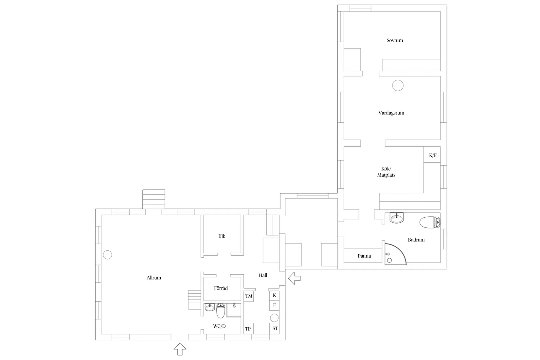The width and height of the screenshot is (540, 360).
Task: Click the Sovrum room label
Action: pyautogui.click(x=395, y=41)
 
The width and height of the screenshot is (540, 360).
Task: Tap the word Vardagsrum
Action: pyautogui.click(x=391, y=113)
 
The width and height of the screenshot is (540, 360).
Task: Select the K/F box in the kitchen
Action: pyautogui.click(x=432, y=155)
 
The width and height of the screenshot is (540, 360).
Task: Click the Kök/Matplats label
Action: pyautogui.click(x=386, y=172)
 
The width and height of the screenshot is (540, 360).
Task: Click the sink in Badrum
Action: pyautogui.click(x=397, y=218)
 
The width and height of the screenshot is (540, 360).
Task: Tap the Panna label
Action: pyautogui.click(x=364, y=256)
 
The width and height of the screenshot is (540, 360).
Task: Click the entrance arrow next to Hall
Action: pyautogui.click(x=294, y=278)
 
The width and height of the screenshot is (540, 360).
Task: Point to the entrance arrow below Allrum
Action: pyautogui.click(x=180, y=349)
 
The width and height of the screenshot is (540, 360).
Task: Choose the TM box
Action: pyautogui.click(x=249, y=296)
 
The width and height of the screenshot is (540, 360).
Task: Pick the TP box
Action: pyautogui.click(x=248, y=329)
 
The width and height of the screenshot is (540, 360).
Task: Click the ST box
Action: pyautogui.click(x=275, y=328)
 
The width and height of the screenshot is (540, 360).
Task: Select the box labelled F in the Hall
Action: pyautogui.click(x=274, y=305)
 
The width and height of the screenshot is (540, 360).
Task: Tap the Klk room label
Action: pyautogui.click(x=222, y=236)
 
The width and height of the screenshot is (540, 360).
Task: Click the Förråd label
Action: pyautogui.click(x=221, y=288)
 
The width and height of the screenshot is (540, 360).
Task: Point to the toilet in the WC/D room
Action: pyautogui.click(x=221, y=311)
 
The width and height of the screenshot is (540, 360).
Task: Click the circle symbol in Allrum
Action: pyautogui.click(x=107, y=255)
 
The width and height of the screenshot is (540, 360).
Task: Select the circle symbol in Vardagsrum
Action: pyautogui.click(x=398, y=85)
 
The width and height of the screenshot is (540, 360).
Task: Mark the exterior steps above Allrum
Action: pyautogui.click(x=153, y=199)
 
